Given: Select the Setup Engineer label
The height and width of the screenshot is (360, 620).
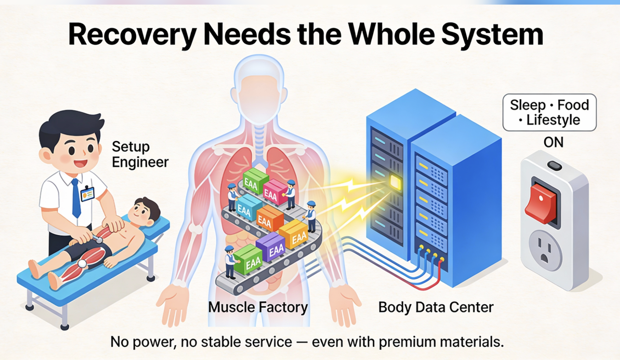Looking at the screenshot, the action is [x=140, y=154].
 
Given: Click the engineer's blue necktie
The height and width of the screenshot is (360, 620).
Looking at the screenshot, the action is [x=76, y=198].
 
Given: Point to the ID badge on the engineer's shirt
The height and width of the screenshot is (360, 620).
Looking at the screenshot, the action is [x=87, y=194].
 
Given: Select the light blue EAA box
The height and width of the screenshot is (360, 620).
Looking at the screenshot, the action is [x=249, y=208].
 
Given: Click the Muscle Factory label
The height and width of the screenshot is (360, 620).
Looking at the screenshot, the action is [x=258, y=307].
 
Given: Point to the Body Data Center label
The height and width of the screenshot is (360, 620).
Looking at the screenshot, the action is [x=436, y=307].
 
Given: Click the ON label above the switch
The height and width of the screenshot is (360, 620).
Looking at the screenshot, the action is [x=553, y=142].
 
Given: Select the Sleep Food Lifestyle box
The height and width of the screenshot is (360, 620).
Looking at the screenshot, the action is [x=549, y=112].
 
